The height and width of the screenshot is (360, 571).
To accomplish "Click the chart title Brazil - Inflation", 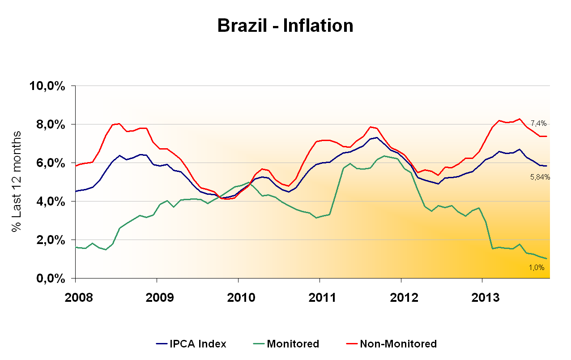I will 285,26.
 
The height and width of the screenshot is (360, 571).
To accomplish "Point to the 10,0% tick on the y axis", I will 47,86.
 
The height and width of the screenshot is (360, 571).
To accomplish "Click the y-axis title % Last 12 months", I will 17,181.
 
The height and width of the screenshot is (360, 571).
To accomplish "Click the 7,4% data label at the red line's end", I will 538,123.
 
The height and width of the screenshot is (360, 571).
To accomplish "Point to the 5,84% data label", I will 540,177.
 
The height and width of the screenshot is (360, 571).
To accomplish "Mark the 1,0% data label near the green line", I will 536,267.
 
